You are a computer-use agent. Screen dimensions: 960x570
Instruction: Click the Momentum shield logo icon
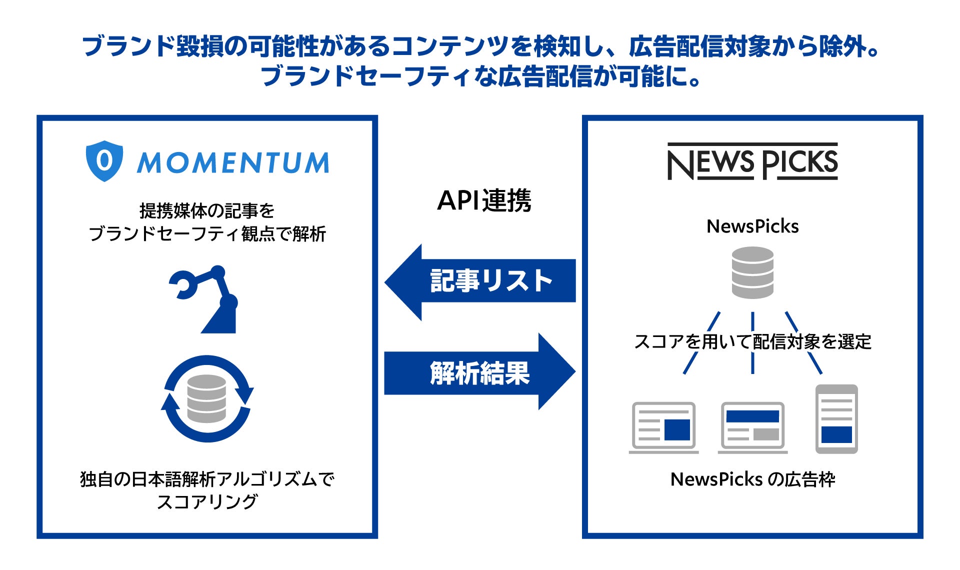point(104,161)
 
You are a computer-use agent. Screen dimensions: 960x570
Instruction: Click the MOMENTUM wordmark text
point(233,162)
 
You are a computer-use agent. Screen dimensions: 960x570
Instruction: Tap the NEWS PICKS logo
point(752,161)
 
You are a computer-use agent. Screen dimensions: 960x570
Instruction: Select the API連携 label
point(484,201)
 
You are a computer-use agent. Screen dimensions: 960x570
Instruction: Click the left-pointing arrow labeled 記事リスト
point(480,282)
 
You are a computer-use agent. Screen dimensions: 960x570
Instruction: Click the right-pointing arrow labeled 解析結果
point(480,371)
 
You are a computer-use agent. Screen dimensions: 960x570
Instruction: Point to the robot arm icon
point(203,299)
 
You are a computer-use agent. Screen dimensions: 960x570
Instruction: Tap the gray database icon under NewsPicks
point(752,272)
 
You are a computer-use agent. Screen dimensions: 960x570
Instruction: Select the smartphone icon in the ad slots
point(836,419)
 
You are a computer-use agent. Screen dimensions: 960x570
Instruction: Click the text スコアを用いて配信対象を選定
point(752,342)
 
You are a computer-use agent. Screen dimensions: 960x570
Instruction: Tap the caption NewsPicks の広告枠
point(752,479)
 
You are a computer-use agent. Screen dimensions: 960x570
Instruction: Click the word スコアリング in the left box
point(207,501)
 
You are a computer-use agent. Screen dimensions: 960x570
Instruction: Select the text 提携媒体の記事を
point(207,210)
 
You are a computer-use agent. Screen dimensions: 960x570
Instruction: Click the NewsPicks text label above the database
point(752,226)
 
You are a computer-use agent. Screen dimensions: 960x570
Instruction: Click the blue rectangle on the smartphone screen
point(836,434)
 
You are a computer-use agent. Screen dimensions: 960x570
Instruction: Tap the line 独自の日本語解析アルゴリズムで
point(207,479)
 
